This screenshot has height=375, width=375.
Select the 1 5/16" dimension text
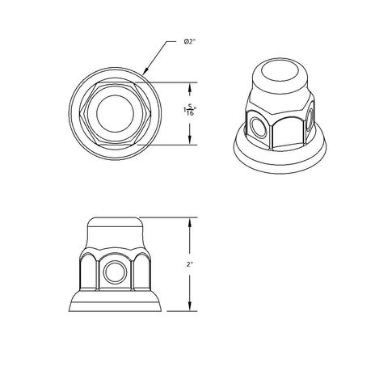190,112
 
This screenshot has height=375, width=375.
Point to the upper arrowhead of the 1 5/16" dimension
190,86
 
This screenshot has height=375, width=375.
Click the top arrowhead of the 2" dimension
191,221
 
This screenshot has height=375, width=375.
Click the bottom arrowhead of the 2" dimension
191,310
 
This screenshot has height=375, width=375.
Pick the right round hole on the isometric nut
311,118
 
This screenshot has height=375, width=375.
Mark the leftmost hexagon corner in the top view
80,112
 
